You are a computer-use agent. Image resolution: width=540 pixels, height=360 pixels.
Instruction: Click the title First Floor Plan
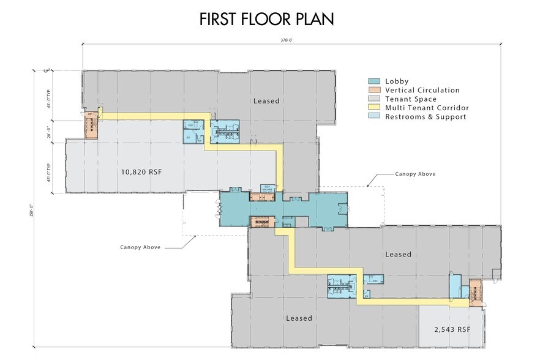[266, 19]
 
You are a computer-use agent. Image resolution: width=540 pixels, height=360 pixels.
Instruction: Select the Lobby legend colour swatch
[372, 81]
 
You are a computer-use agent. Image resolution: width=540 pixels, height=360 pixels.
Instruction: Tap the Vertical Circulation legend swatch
[372, 90]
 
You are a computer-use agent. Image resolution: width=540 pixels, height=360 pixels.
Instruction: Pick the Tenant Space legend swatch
[372, 99]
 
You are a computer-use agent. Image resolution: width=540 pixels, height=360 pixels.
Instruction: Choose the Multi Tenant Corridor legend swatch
[372, 107]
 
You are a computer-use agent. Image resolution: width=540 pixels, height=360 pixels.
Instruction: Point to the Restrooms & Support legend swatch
[372, 116]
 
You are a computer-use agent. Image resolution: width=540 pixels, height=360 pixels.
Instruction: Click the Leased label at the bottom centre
[299, 318]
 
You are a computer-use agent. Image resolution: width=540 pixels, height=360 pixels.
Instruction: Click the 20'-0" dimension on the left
[49, 131]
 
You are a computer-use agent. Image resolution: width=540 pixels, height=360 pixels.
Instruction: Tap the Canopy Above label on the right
[415, 174]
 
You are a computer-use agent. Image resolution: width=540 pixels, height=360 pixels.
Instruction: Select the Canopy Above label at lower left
[140, 247]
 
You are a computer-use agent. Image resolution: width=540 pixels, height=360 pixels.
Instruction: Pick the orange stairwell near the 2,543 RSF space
[475, 292]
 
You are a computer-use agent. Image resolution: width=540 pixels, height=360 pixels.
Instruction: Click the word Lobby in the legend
[396, 81]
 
